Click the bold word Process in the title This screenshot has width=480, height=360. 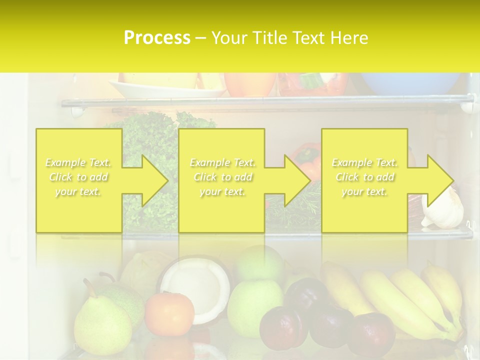click(x=157, y=37)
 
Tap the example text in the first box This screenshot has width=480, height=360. click(x=78, y=177)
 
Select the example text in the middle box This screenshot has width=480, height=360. click(x=222, y=177)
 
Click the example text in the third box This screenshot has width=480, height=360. click(x=364, y=177)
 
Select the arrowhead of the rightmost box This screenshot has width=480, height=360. click(x=439, y=180)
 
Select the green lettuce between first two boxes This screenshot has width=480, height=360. click(x=150, y=140)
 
